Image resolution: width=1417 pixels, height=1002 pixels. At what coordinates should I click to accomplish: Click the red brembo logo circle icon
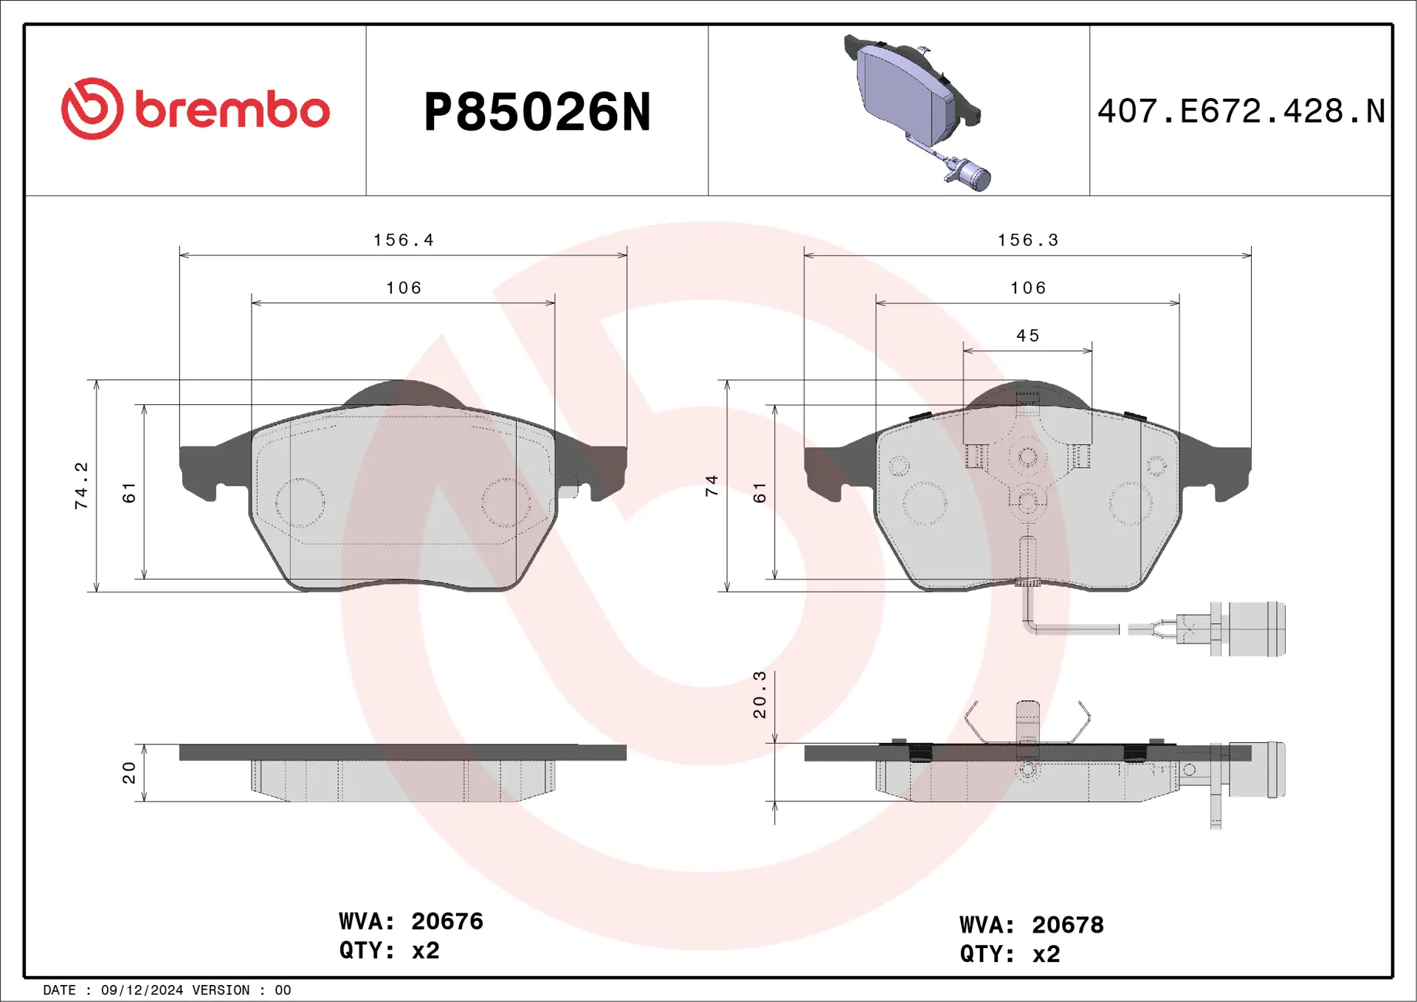pyautogui.click(x=92, y=108)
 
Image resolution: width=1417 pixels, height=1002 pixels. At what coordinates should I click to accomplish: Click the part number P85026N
pyautogui.click(x=537, y=113)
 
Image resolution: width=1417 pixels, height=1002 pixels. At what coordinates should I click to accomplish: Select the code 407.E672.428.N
pyautogui.click(x=1241, y=111)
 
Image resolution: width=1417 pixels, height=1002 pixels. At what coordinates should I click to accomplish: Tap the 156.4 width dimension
pyautogui.click(x=404, y=240)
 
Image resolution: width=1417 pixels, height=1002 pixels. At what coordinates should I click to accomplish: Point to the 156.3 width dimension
pyautogui.click(x=1028, y=240)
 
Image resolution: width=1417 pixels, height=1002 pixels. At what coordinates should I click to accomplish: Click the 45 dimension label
pyautogui.click(x=1027, y=336)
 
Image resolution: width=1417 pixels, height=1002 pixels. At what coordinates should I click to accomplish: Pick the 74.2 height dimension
pyautogui.click(x=81, y=486)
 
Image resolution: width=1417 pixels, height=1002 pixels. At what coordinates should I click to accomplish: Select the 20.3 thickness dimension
pyautogui.click(x=759, y=694)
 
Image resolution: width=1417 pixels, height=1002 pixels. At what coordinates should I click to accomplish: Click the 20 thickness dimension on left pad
pyautogui.click(x=129, y=773)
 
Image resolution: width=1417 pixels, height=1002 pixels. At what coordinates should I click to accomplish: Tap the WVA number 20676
pyautogui.click(x=447, y=921)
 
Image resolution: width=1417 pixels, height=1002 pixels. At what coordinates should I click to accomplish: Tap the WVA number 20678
pyautogui.click(x=1067, y=925)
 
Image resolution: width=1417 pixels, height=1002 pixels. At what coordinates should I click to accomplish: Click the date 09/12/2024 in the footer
pyautogui.click(x=142, y=990)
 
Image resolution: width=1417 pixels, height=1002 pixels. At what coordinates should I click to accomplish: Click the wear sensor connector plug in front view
pyautogui.click(x=1255, y=629)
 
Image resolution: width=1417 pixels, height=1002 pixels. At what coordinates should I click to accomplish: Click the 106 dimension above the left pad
pyautogui.click(x=404, y=288)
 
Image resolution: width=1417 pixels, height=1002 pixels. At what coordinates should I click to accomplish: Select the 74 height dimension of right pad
pyautogui.click(x=711, y=486)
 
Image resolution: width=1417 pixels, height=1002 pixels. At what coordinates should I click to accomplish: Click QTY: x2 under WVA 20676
pyautogui.click(x=389, y=950)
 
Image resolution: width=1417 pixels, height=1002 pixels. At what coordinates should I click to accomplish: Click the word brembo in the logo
pyautogui.click(x=232, y=111)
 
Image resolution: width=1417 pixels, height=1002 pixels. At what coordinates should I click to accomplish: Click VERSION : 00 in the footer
pyautogui.click(x=241, y=990)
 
